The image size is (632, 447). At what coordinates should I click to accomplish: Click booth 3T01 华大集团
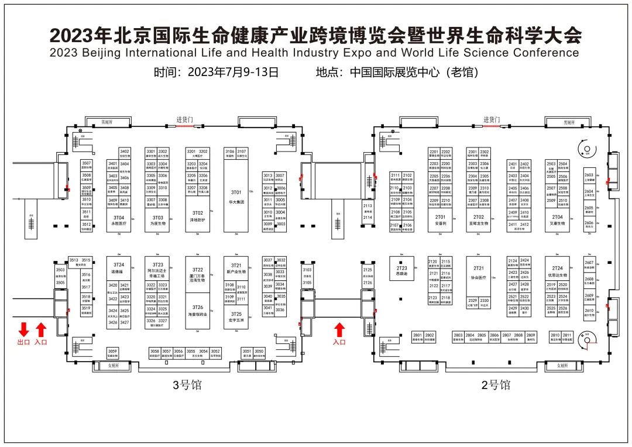point(236,196)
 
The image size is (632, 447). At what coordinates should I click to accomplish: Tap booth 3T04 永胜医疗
point(119,219)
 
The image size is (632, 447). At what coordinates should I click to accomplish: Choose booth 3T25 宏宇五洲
point(235,317)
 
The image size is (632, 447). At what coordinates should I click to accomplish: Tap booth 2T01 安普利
point(441,220)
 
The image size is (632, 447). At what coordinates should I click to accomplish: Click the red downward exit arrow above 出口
point(24,329)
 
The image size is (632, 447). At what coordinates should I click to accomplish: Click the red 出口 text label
point(24,342)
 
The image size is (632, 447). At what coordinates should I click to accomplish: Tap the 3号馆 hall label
point(187,384)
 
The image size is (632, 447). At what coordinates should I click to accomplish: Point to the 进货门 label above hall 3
point(184,119)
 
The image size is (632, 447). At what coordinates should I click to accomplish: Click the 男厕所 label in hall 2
point(568,123)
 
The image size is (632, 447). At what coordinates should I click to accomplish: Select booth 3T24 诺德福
point(119,267)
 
